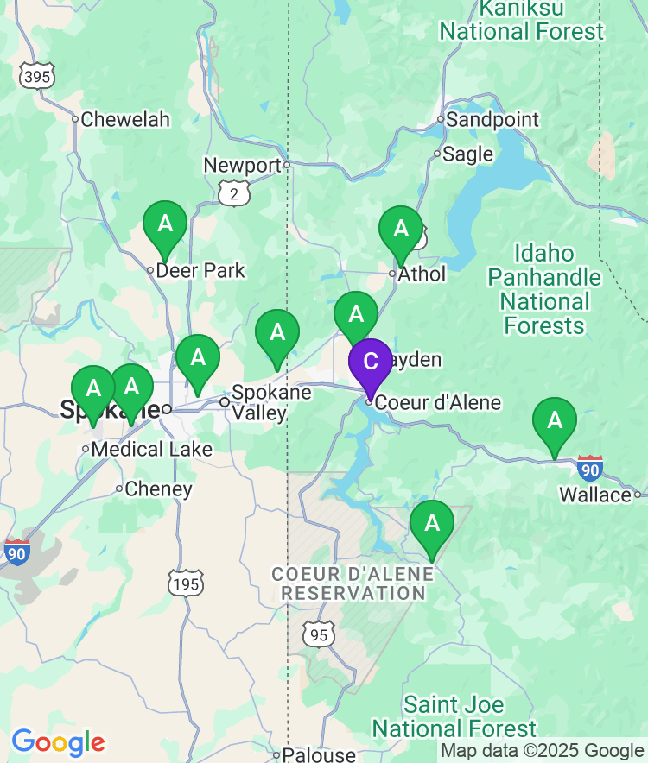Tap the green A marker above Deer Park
coord(164,224)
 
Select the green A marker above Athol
coord(401,230)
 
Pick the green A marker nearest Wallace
coord(555,422)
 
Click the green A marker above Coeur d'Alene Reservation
coord(431,524)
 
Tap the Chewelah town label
coord(125,120)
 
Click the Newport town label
coord(243,165)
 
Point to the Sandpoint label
coord(492,120)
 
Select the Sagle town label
coord(467,154)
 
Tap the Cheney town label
coord(158,489)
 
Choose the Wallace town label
coord(595,495)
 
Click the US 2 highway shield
coord(234,194)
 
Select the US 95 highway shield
coord(318,634)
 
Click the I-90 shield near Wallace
coord(590,469)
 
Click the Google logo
coord(58,741)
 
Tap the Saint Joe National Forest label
coord(454,716)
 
